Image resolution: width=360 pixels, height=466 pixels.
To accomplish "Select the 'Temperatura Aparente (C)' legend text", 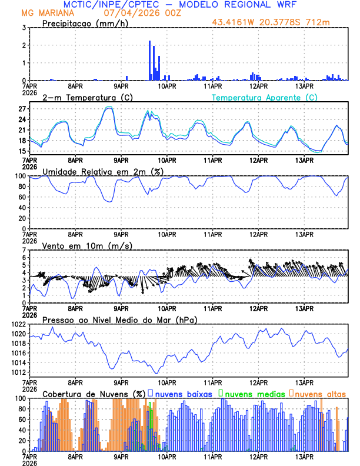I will [265, 97].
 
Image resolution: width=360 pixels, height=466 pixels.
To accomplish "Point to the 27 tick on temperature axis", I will [23, 109].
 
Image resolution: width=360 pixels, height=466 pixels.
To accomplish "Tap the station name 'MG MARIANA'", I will [45, 13].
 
